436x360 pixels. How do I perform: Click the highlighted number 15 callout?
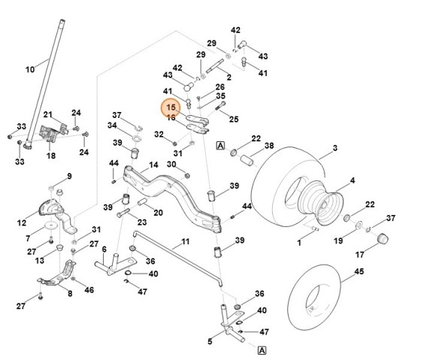click(171, 107)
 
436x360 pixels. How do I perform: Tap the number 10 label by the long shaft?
click(30, 70)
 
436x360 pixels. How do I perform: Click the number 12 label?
click(21, 222)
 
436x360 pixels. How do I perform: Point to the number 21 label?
click(48, 114)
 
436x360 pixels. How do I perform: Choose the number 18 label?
click(51, 156)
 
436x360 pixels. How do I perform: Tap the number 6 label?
click(104, 250)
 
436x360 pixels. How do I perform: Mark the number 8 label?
click(69, 294)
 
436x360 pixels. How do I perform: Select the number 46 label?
click(90, 289)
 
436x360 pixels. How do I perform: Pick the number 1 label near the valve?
click(298, 244)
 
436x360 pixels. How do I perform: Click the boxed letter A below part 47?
click(262, 350)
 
